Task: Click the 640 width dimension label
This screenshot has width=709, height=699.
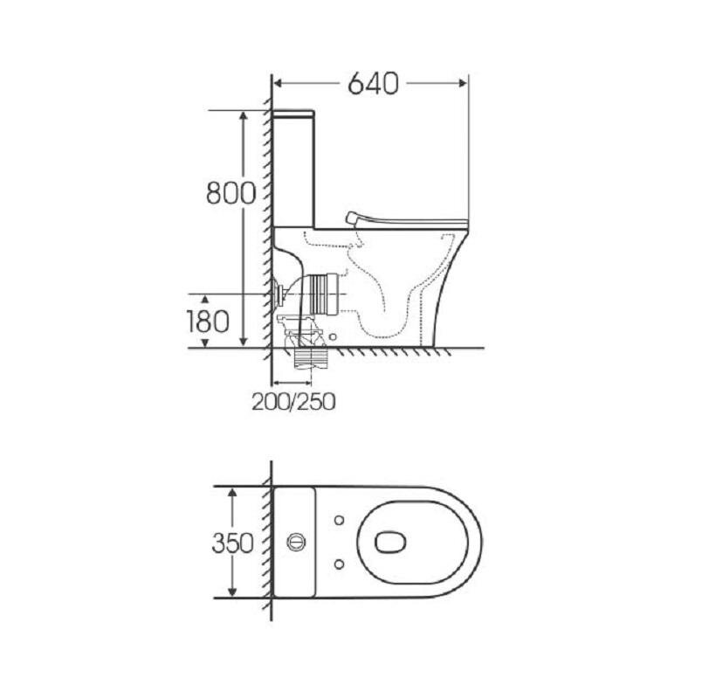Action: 373,83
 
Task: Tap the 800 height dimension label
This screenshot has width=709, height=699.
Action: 231,193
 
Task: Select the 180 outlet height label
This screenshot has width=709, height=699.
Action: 208,322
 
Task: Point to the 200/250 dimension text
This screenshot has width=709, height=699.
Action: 293,401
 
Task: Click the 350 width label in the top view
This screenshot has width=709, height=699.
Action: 233,543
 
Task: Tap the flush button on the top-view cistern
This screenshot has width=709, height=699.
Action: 296,542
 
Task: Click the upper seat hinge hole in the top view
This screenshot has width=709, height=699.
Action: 339,520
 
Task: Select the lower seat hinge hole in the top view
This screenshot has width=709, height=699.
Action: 339,564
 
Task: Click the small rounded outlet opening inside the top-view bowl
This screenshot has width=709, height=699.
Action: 390,542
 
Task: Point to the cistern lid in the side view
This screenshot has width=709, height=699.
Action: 293,113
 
